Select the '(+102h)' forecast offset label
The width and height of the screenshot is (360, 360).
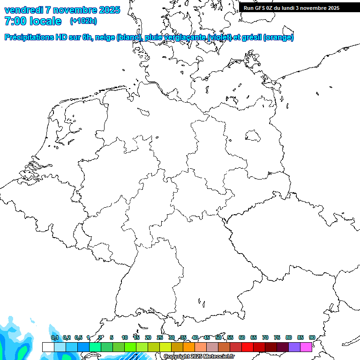[x=83, y=21]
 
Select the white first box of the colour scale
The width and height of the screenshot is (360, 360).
[x=48, y=347]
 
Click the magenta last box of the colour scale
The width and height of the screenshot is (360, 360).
[x=306, y=347]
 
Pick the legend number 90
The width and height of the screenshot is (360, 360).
[x=312, y=337]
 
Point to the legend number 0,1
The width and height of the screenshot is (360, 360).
[x=55, y=337]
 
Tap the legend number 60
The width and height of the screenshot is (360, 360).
[x=242, y=337]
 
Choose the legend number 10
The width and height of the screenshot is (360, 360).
[x=125, y=337]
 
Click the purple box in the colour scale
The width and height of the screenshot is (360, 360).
[x=294, y=347]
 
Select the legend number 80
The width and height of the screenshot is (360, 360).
[x=289, y=337]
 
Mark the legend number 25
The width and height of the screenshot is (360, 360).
[x=160, y=337]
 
